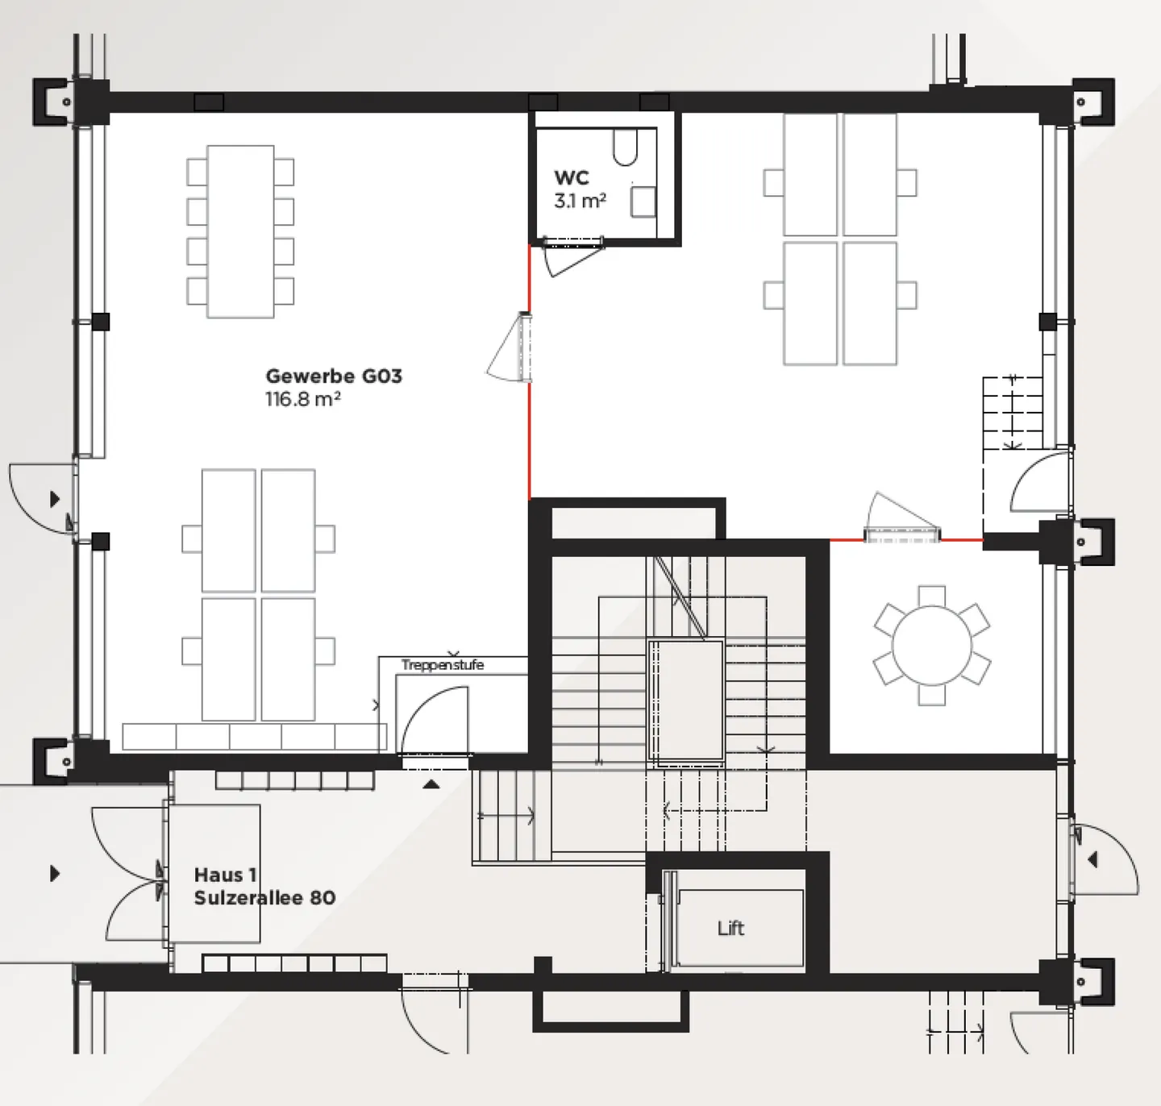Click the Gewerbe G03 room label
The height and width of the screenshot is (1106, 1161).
334,376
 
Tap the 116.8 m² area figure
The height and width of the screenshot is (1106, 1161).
303,399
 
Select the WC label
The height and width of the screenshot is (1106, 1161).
571,177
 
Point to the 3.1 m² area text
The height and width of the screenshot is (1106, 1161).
580,201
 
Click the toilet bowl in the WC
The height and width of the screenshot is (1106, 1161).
625,148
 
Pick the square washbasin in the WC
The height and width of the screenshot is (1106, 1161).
643,202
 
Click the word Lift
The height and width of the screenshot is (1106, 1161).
730,929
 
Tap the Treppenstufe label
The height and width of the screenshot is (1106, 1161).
443,665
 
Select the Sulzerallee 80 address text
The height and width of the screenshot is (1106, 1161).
264,898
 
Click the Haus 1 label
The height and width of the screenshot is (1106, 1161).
225,875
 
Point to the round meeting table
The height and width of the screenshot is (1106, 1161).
932,646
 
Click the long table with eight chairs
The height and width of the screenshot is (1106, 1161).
240,231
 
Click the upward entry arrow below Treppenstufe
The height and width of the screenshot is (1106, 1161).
431,784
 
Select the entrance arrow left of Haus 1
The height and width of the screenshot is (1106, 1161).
55,873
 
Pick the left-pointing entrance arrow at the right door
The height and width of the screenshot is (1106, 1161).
1092,859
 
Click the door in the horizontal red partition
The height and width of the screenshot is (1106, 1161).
901,518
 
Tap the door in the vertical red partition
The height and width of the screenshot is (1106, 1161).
509,347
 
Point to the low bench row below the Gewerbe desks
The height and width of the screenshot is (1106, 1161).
255,737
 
